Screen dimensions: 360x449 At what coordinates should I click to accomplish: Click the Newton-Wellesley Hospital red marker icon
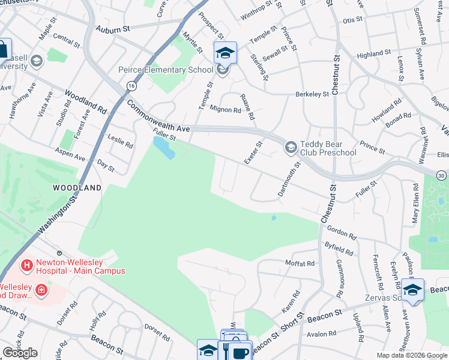click(x=27, y=265)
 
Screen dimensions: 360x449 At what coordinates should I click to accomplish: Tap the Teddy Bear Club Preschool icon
click(x=291, y=147)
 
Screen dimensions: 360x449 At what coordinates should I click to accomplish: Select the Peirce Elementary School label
click(x=165, y=70)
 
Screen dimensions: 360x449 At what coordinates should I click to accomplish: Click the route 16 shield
click(x=130, y=86)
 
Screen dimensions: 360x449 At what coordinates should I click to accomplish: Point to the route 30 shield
click(x=441, y=175)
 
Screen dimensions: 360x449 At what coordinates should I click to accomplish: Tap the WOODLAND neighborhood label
click(x=77, y=188)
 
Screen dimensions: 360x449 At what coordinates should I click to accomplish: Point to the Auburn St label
click(x=112, y=28)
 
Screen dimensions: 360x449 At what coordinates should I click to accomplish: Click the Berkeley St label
click(x=312, y=94)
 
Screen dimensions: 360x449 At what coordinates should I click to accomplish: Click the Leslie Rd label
click(x=121, y=142)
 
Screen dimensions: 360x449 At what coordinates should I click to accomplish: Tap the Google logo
click(x=20, y=353)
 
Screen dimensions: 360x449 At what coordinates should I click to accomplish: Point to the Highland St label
click(x=373, y=54)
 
